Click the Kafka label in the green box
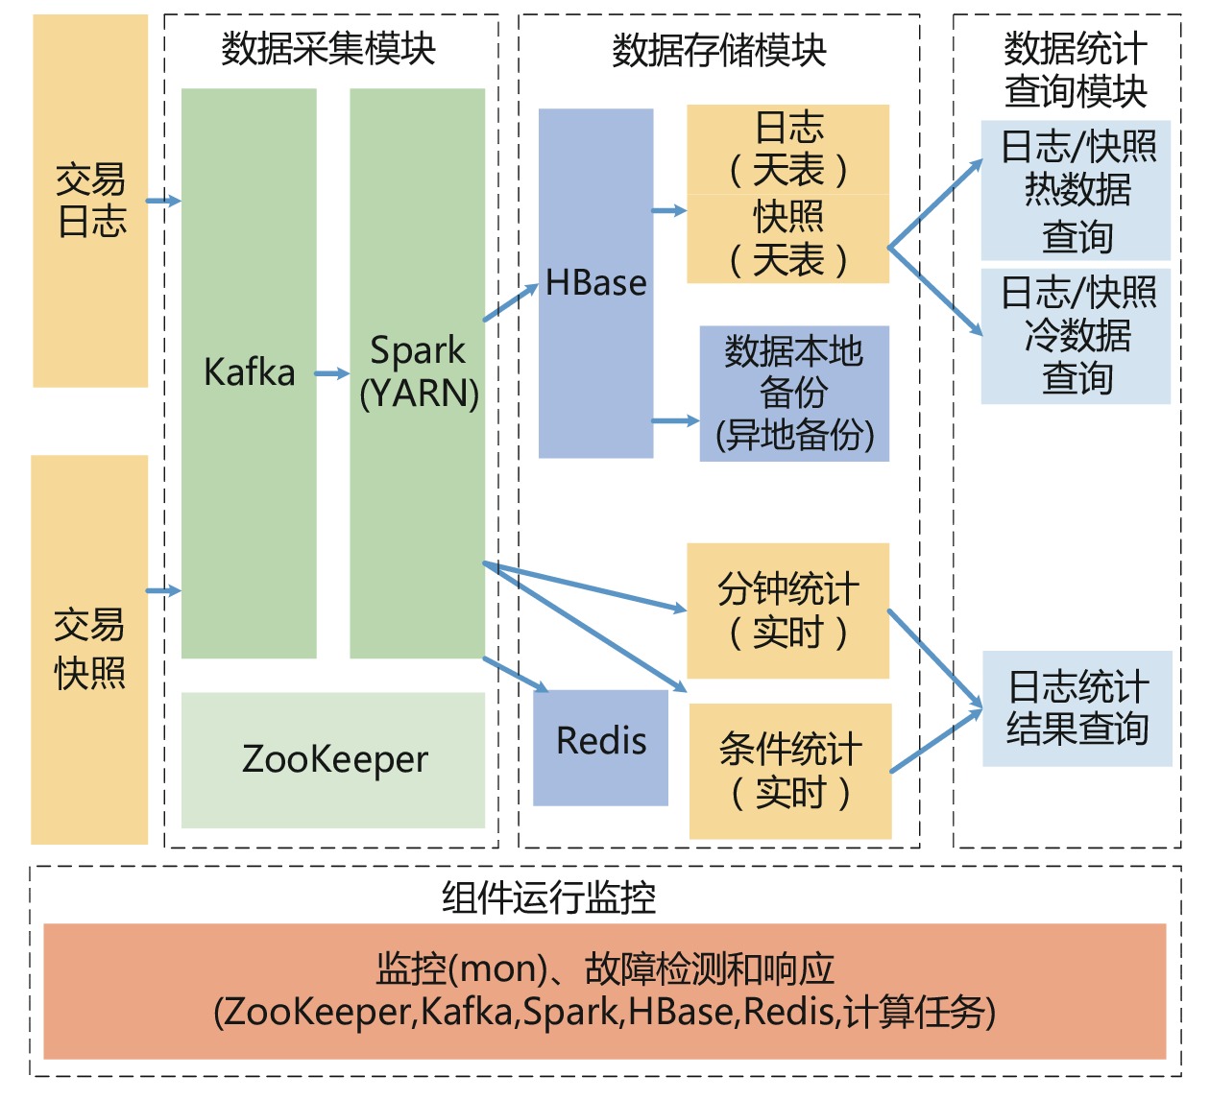(x=249, y=371)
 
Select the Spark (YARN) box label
(x=419, y=371)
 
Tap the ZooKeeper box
(x=333, y=759)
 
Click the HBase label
(x=595, y=283)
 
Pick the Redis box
(x=601, y=742)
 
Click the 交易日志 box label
(x=91, y=200)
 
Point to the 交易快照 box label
(x=89, y=649)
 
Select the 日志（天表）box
(x=788, y=150)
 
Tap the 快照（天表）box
(x=788, y=239)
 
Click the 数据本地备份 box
(x=794, y=394)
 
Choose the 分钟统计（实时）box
(x=788, y=610)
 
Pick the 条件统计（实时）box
(x=790, y=771)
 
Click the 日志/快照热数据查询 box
(x=1077, y=190)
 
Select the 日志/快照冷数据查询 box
(x=1077, y=335)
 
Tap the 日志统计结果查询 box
(x=1077, y=708)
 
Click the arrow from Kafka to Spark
(x=332, y=373)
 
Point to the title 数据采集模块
(x=328, y=48)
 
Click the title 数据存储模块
(x=719, y=50)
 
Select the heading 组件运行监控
(x=548, y=897)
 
